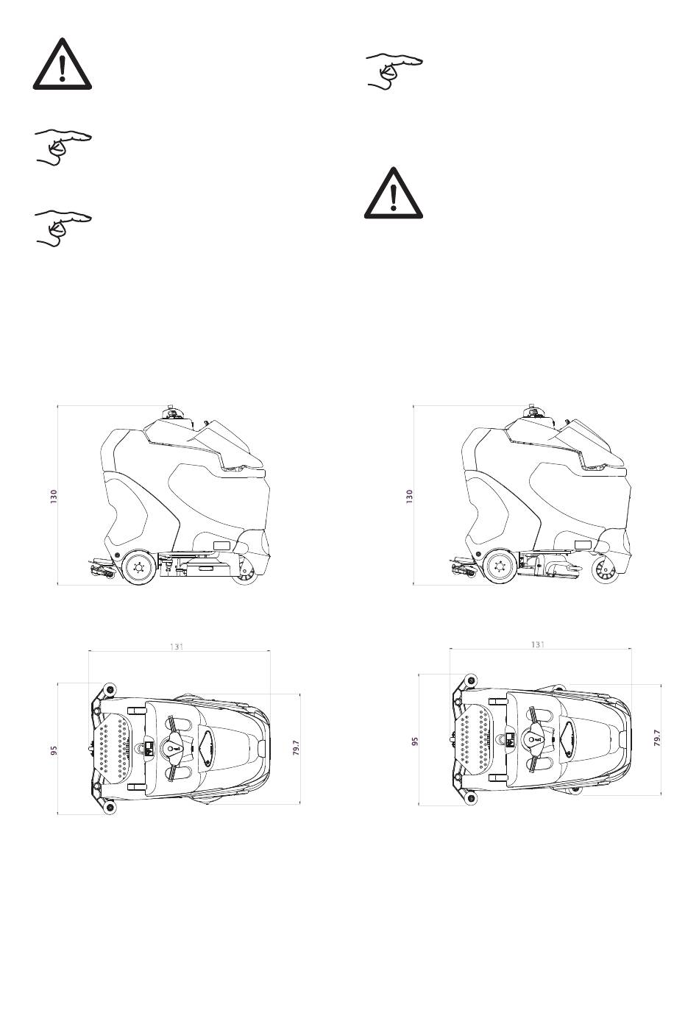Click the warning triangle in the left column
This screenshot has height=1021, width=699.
pyautogui.click(x=63, y=65)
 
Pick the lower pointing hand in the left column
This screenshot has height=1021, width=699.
pyautogui.click(x=63, y=228)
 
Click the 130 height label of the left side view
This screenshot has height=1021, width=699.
pyautogui.click(x=54, y=497)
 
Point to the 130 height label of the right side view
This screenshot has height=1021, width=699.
pyautogui.click(x=409, y=497)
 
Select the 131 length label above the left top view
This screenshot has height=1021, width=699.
pyautogui.click(x=177, y=647)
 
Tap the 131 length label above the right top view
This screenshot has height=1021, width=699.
pyautogui.click(x=538, y=644)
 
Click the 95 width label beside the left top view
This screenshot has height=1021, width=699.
pyautogui.click(x=54, y=750)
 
